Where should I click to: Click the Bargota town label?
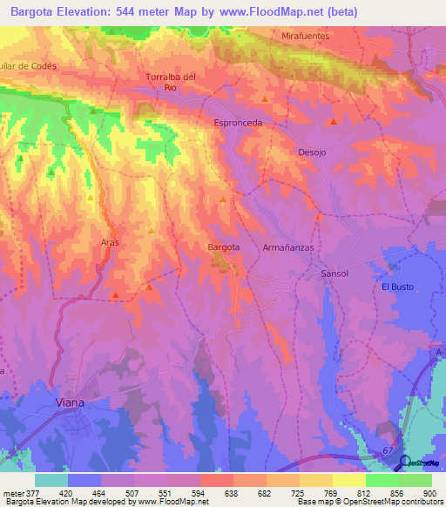pyautogui.click(x=223, y=247)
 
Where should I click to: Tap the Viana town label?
pyautogui.click(x=69, y=403)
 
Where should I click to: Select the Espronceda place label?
pyautogui.click(x=238, y=123)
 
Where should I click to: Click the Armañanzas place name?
pyautogui.click(x=287, y=247)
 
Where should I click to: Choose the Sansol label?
pyautogui.click(x=334, y=274)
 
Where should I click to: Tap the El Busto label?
pyautogui.click(x=397, y=287)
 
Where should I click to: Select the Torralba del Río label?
pyautogui.click(x=171, y=82)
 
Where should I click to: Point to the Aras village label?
pyautogui.click(x=109, y=241)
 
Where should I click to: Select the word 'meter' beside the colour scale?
pyautogui.click(x=13, y=492)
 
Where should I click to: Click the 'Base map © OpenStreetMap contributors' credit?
pyautogui.click(x=369, y=502)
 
